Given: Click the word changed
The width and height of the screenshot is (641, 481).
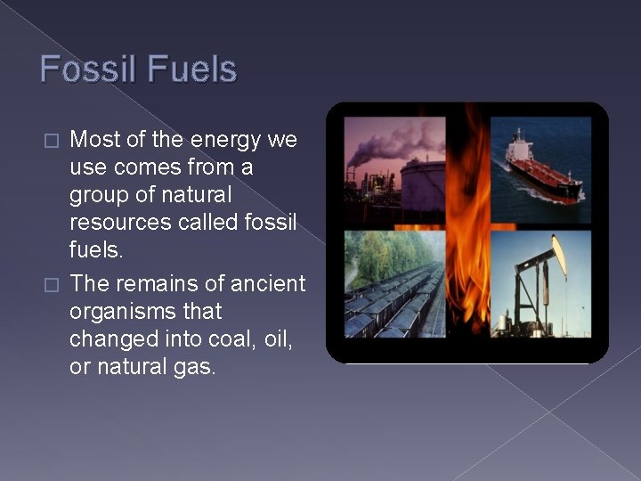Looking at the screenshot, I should (x=113, y=338).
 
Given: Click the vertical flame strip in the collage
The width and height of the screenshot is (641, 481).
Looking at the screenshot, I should (x=467, y=232).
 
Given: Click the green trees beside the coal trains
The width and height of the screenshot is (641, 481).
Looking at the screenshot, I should (x=378, y=254).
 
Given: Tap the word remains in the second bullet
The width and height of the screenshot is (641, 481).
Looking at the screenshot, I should (x=150, y=284).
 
